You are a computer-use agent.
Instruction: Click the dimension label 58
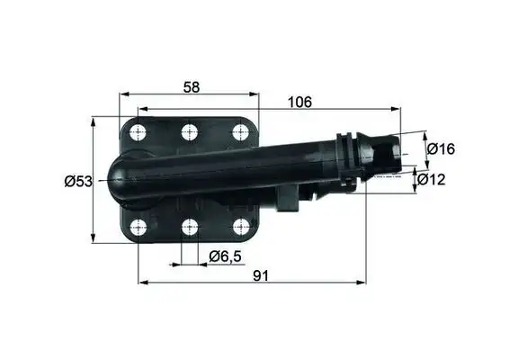click(190, 86)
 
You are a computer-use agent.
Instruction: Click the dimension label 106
click(299, 103)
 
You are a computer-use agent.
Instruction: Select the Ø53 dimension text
click(78, 182)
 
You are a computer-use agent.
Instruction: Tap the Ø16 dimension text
click(440, 148)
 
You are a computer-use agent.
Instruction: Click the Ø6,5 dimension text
click(224, 257)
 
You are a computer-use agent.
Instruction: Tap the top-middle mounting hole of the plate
click(189, 132)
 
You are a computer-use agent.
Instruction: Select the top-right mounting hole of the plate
click(239, 132)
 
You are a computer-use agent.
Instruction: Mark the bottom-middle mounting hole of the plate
click(189, 227)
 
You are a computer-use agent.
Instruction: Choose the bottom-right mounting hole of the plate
click(239, 227)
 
